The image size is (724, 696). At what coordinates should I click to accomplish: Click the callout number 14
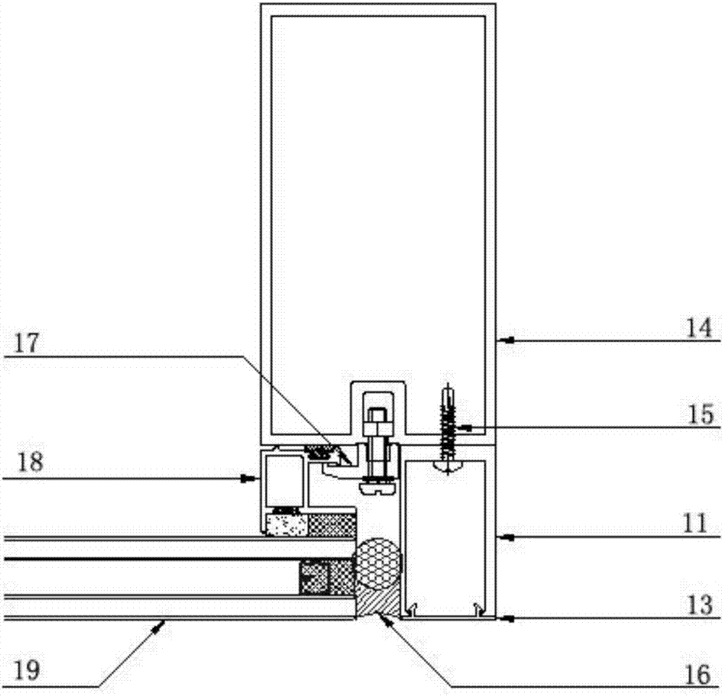(699, 328)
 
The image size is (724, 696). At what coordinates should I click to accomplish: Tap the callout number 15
(700, 414)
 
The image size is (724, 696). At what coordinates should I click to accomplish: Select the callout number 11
(695, 524)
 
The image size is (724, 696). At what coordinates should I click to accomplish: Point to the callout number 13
(700, 605)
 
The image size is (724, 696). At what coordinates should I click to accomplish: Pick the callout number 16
(698, 675)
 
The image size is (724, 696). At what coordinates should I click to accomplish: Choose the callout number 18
(30, 462)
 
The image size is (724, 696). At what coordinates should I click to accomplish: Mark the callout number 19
(28, 670)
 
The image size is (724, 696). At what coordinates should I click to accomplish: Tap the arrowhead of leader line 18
(251, 479)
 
